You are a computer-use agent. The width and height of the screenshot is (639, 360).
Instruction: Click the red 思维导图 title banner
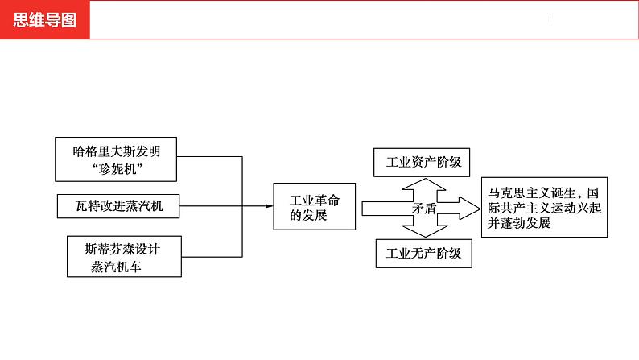(x=45, y=20)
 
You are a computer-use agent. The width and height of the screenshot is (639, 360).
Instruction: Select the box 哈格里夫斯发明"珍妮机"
(x=117, y=158)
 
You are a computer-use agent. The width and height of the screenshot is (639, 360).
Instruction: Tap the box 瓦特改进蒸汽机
(x=117, y=206)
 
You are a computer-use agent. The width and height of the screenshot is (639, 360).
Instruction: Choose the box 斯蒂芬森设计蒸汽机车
(x=117, y=255)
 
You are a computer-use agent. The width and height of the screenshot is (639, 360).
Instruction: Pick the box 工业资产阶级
(x=423, y=162)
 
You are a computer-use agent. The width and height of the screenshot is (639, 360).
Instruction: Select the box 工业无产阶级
(x=423, y=253)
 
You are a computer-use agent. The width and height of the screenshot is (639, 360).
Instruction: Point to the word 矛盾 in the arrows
(x=423, y=208)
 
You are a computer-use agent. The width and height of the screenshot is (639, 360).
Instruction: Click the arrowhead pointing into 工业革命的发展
(x=268, y=206)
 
